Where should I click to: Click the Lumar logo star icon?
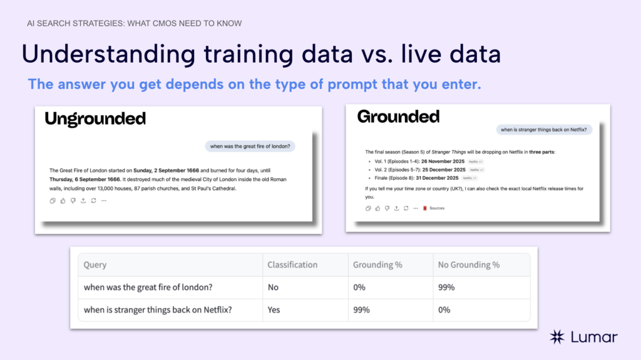[x=557, y=337]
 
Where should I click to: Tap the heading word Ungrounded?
[x=95, y=119]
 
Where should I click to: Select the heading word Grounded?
[x=398, y=116]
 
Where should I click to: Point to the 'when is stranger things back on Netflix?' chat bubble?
[x=543, y=130]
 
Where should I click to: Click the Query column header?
[x=95, y=265]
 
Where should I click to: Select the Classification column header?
[x=293, y=265]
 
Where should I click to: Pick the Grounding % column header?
[x=377, y=265]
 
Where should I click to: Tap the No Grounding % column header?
[x=469, y=265]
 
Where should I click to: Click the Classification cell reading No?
[x=274, y=287]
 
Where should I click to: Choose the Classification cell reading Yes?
[x=274, y=310]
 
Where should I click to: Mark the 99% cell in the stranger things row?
[x=361, y=310]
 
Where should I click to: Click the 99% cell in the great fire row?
[x=446, y=287]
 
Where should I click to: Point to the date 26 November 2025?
[x=443, y=161]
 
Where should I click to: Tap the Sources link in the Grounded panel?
[x=437, y=208]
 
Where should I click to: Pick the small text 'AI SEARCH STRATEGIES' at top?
[x=68, y=24]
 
